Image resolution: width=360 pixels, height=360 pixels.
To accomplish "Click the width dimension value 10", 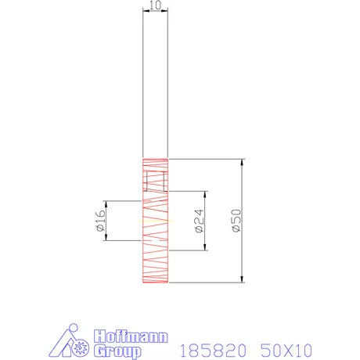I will pyautogui.click(x=154, y=5).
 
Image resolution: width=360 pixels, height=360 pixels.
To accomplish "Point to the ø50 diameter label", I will pyautogui.click(x=236, y=221).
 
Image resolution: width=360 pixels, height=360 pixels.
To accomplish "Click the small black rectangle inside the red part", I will pyautogui.click(x=155, y=181).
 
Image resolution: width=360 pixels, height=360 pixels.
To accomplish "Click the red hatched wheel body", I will pyautogui.click(x=155, y=250).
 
